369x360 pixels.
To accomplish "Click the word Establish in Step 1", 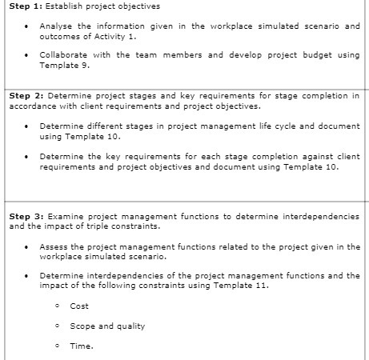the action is (75, 7).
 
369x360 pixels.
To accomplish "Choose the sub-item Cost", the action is (79, 306).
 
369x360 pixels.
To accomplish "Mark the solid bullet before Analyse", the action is (29, 26).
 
